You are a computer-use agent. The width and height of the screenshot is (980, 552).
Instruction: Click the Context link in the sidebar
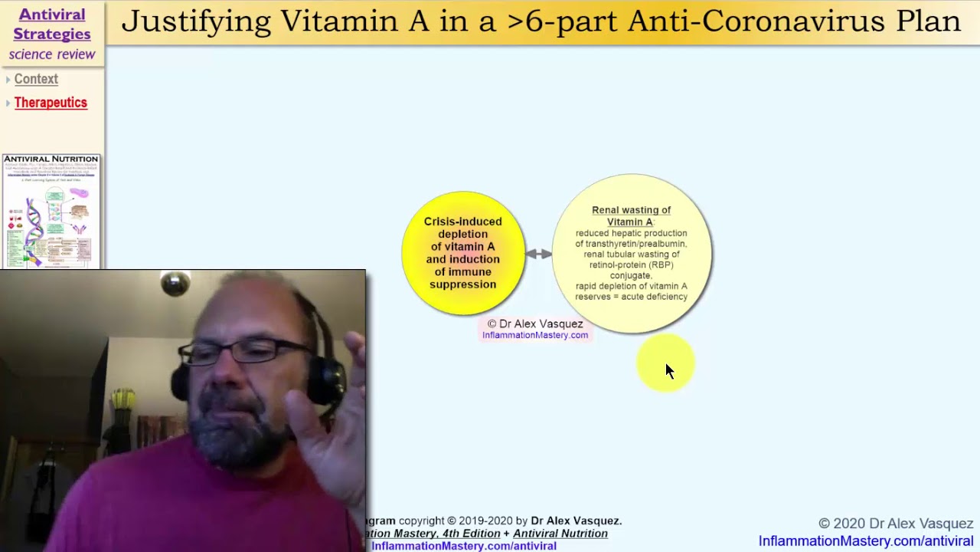coord(36,79)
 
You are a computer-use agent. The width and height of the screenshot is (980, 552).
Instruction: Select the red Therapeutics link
coord(51,103)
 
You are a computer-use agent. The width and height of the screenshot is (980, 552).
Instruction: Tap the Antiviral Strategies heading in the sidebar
coord(52,25)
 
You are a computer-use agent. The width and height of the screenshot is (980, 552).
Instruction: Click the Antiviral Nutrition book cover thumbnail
coord(51,211)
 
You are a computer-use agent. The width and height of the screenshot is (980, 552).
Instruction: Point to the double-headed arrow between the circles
coord(538,254)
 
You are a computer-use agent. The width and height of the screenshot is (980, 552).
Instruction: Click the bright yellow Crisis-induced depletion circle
coord(463,253)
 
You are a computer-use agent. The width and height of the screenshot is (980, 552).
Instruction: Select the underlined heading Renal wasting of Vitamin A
coord(631,215)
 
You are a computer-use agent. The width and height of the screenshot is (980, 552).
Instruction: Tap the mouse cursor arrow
coord(669,371)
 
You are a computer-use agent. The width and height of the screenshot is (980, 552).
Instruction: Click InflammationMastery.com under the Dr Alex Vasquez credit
coord(535,335)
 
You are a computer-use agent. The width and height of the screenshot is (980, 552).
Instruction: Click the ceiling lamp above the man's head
coord(175,284)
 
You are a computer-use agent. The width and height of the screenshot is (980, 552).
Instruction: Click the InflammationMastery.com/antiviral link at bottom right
coord(866,541)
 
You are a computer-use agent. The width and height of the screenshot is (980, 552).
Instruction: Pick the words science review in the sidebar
coord(52,54)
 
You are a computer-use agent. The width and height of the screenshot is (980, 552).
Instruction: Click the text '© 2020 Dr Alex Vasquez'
coord(896,524)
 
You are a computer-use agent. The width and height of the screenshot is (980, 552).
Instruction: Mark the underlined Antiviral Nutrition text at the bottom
coord(560,534)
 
